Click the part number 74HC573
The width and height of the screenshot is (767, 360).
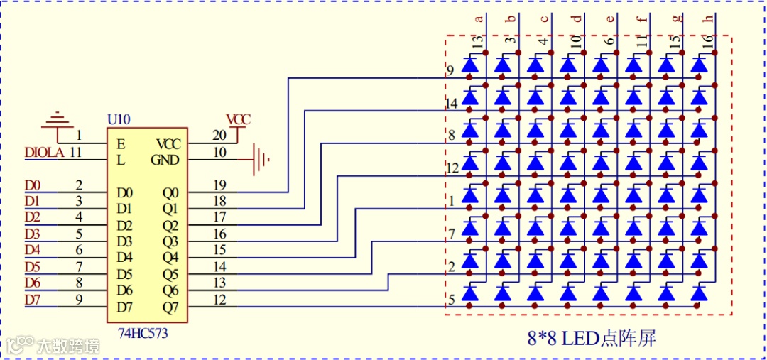[143, 332]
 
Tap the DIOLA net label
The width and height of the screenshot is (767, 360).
[44, 152]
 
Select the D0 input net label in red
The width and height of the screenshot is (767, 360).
[33, 186]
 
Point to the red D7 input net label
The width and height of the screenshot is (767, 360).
[33, 300]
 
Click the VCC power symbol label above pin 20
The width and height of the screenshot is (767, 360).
[239, 119]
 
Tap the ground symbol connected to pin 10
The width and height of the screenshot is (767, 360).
[261, 159]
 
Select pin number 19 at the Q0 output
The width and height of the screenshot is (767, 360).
[219, 185]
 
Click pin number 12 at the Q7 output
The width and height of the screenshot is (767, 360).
[219, 300]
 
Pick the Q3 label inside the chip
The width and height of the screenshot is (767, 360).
[170, 241]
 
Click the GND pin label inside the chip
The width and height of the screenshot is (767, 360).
[165, 160]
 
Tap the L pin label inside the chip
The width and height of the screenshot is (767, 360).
[121, 160]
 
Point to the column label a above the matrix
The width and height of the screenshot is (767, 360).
[479, 19]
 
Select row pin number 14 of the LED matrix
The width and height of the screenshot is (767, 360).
[451, 104]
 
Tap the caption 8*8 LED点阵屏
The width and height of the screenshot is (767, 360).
[591, 339]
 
